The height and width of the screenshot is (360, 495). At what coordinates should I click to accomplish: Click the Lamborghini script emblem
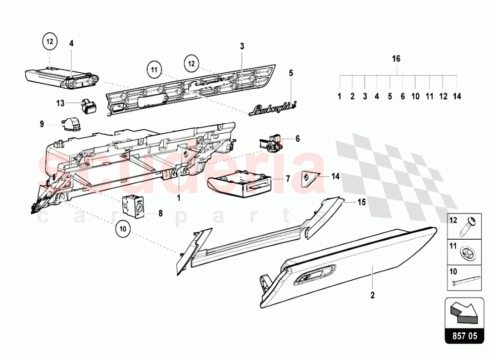(274, 107)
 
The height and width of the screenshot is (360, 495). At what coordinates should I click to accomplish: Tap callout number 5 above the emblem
(291, 73)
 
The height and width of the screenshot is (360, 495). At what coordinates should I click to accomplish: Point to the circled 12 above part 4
(49, 42)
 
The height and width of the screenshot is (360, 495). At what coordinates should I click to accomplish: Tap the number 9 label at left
(42, 123)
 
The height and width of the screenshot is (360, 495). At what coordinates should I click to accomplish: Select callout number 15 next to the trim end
(361, 202)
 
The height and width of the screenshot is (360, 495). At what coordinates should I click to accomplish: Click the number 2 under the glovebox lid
(373, 296)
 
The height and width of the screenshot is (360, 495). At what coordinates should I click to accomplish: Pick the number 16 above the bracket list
(396, 58)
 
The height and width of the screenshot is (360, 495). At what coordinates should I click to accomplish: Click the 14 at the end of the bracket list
(456, 96)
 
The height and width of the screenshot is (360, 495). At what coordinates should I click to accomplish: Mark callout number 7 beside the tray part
(287, 177)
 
